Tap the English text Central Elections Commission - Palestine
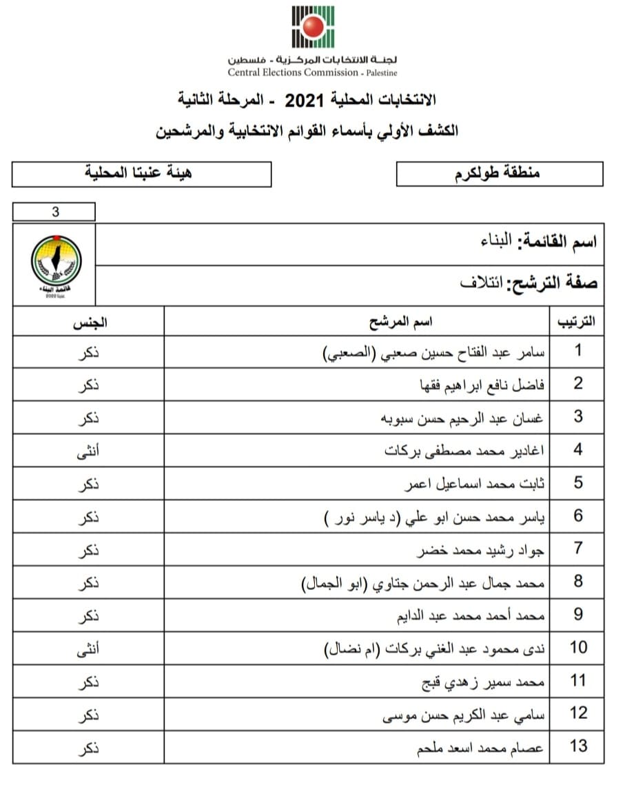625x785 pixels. pos(313,72)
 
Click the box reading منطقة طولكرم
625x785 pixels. pos(500,174)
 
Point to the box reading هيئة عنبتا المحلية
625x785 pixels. pos(141,174)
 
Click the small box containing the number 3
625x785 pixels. pos(54,212)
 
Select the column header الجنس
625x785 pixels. pos(88,322)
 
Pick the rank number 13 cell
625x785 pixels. pos(577,746)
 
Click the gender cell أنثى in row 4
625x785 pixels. pos(88,450)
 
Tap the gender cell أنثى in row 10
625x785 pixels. pos(88,648)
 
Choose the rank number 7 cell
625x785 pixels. pos(577,549)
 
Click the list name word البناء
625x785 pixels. pos(495,242)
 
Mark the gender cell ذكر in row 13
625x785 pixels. pos(88,746)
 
